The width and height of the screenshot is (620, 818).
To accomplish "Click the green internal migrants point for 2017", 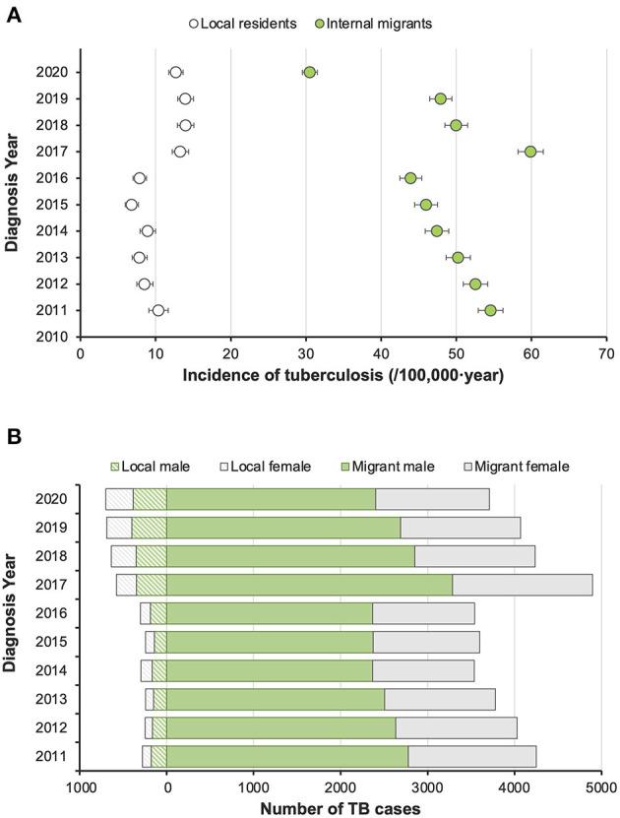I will tap(530, 152).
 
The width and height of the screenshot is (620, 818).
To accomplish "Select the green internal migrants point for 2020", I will tap(310, 72).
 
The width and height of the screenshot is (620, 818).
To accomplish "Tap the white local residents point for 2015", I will tap(132, 205).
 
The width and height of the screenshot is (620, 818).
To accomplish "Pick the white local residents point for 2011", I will tap(158, 311).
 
